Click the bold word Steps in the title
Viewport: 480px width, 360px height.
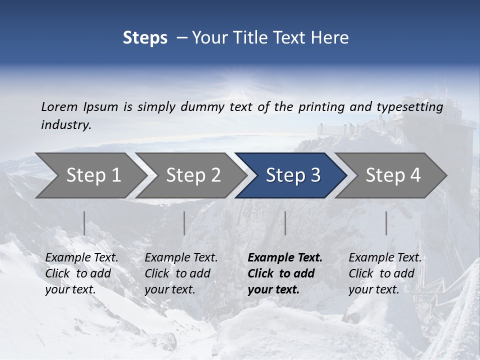(145, 38)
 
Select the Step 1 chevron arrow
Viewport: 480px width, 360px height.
(90, 175)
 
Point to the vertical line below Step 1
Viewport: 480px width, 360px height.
(84, 223)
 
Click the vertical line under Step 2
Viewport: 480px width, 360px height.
(184, 223)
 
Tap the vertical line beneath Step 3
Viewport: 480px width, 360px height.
(285, 223)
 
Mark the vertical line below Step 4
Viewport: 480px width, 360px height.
(386, 223)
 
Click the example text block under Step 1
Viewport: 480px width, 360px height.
(81, 273)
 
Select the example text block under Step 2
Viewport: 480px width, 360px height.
(180, 273)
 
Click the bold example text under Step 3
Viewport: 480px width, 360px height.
(284, 273)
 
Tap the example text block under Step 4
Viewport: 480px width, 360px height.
(384, 273)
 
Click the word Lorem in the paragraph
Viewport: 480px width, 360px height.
(59, 107)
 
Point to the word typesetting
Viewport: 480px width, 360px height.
(409, 107)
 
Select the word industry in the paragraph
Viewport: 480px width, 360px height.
(66, 125)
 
